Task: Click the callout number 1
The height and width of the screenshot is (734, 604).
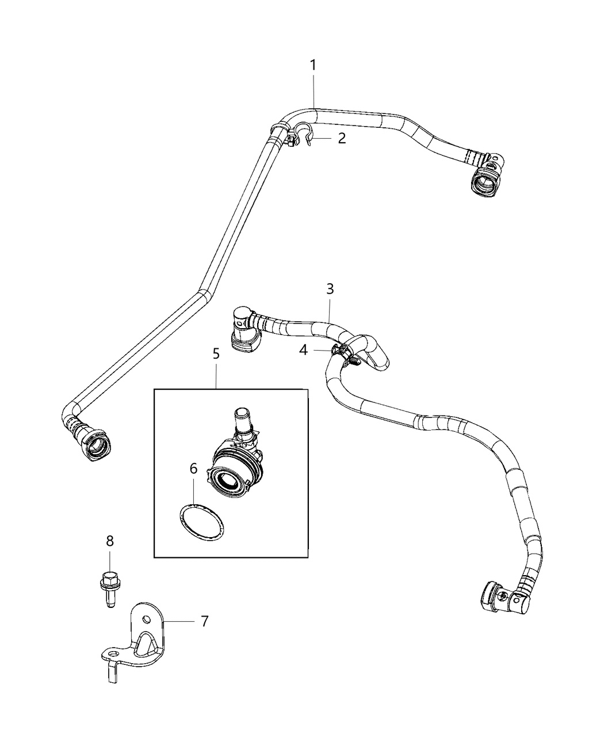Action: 314,66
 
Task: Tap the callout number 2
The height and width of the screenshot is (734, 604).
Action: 342,138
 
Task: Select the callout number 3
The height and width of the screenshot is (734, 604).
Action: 330,289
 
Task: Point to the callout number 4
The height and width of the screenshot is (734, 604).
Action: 303,349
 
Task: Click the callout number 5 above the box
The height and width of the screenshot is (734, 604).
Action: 216,354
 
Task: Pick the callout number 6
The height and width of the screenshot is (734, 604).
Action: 194,469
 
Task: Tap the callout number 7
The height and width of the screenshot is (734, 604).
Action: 204,621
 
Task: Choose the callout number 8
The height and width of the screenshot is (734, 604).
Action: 110,541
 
